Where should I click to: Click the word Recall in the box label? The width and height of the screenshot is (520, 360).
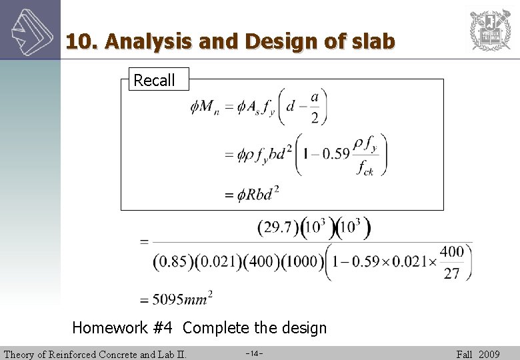point(154,81)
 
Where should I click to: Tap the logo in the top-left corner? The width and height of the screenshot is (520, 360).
point(30,29)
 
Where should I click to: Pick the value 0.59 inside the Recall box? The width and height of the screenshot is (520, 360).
point(334,154)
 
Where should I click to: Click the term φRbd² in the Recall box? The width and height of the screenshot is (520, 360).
point(257,194)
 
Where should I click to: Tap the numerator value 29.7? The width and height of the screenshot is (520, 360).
point(278,229)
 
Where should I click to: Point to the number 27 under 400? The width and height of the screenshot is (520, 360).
point(451,273)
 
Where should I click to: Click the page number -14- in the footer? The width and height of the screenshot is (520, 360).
point(254,353)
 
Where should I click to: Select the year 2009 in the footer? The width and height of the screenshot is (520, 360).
point(489,354)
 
